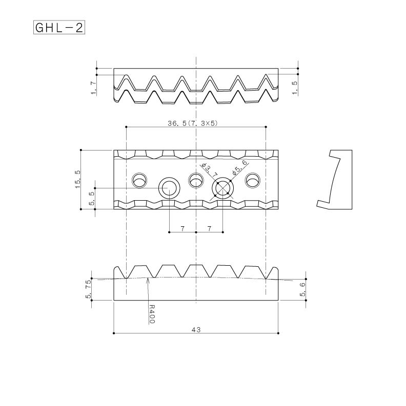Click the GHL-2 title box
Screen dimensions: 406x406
coord(58,27)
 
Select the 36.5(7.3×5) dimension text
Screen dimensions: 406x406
coord(196,123)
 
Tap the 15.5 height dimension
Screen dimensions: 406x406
coord(77,180)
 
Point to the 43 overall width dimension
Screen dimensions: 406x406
coord(195,330)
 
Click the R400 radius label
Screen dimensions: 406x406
coord(152,314)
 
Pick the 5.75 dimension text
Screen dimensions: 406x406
coord(89,289)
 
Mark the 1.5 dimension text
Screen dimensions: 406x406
coord(294,88)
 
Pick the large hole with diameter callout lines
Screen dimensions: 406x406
coord(223,188)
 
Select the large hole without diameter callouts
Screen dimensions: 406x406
coord(169,188)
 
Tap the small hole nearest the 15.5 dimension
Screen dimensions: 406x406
coord(139,181)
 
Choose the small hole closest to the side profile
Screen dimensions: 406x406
coord(252,181)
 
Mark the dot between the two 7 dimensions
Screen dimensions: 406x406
coord(196,232)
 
